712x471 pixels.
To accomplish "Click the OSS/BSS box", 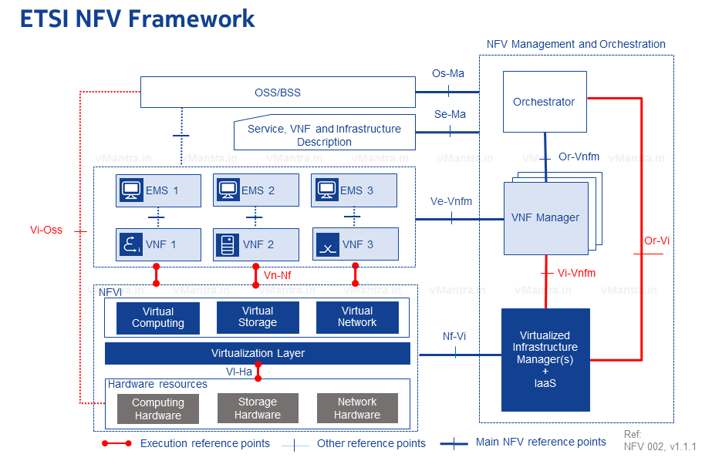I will point(278,93).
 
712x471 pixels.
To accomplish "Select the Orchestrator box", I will point(545,102).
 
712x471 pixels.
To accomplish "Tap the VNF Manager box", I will point(545,217).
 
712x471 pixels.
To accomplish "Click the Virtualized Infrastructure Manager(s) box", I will point(545,359).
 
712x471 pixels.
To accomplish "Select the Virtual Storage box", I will point(258,317).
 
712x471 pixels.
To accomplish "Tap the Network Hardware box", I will point(357,408).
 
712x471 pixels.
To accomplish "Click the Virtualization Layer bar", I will point(258,353).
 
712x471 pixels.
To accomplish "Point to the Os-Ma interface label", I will point(448,74).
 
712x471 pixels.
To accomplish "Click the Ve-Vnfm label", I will point(451,201).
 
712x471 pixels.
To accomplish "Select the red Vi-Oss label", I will point(46,230).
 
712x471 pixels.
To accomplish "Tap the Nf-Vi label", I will point(454,337).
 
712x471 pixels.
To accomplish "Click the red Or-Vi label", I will point(656,241).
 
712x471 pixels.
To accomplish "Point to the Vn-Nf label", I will point(277,274).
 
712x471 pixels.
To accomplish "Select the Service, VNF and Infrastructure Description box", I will point(324,135).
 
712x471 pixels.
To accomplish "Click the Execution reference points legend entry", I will point(204,443).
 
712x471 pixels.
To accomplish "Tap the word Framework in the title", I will point(192,19).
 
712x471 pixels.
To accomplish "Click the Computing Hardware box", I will point(157,409).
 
